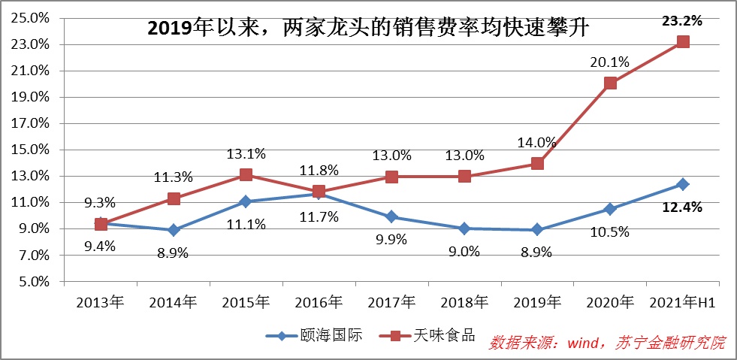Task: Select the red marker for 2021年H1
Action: pos(683,41)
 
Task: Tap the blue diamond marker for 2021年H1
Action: pos(683,184)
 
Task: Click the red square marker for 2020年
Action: pos(610,83)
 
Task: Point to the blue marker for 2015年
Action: pos(246,201)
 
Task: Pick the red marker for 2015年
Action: pos(246,175)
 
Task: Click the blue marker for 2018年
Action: pos(464,228)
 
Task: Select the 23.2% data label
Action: pos(682,21)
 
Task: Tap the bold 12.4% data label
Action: pos(682,207)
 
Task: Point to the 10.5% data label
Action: pos(609,231)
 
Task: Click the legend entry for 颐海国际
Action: pos(315,336)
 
